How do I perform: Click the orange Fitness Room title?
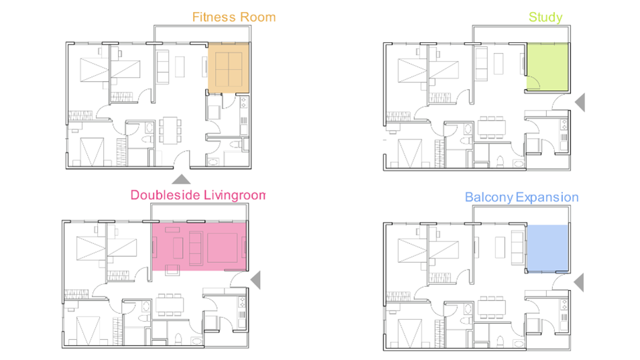pos(234,17)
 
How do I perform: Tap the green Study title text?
pos(546,17)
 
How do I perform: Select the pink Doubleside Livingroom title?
pos(198,195)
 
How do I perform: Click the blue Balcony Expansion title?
pos(521,198)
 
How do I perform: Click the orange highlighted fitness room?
pos(229,68)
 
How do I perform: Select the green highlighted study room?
pos(548,67)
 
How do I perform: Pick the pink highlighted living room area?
pos(200,246)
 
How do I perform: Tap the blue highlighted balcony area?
pos(548,248)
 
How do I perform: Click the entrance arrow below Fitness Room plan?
pos(181,179)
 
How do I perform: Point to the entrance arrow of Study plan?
pos(580,102)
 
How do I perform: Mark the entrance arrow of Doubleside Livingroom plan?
pos(256,280)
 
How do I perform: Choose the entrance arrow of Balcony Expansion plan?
pos(579,282)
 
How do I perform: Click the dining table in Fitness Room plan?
pos(170,131)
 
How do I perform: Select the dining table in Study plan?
pos(491,127)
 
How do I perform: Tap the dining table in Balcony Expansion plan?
pos(491,307)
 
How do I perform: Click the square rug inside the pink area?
pos(222,248)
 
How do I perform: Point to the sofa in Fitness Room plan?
pos(163,67)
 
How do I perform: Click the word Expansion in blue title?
pos(548,198)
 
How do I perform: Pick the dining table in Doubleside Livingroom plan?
pos(170,305)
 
